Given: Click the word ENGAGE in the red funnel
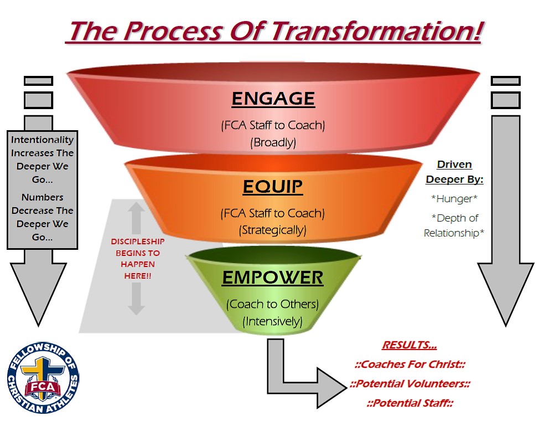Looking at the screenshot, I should point(273,99).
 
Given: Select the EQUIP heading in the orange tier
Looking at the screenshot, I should point(273,187).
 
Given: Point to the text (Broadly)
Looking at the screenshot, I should point(273,142).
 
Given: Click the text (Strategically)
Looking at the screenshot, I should point(272,230).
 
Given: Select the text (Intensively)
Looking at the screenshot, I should point(272,321).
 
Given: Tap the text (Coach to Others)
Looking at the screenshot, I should point(272,304).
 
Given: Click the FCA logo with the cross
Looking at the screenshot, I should point(43,378).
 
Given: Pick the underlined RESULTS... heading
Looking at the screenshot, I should point(409,346).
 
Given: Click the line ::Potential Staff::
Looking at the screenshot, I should point(409,403).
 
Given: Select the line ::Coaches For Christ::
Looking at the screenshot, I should point(409,365).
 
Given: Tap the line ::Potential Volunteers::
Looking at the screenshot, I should point(410,384).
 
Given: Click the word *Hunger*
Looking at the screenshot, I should point(454,198).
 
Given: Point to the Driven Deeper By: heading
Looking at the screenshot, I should point(454,172).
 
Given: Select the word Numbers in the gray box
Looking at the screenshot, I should point(42,197).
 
